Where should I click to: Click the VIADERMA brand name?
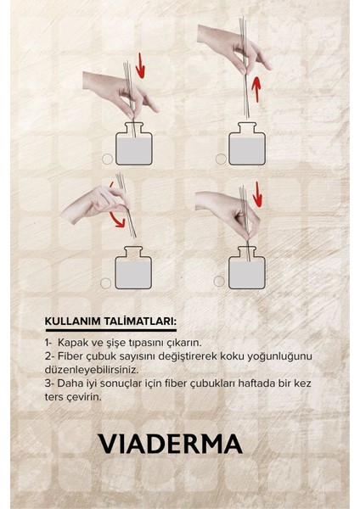(170, 444)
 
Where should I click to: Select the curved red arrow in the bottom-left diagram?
(118, 204)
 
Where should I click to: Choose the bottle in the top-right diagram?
(247, 144)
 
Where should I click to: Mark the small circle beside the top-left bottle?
(107, 159)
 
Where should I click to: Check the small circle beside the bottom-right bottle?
(219, 281)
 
